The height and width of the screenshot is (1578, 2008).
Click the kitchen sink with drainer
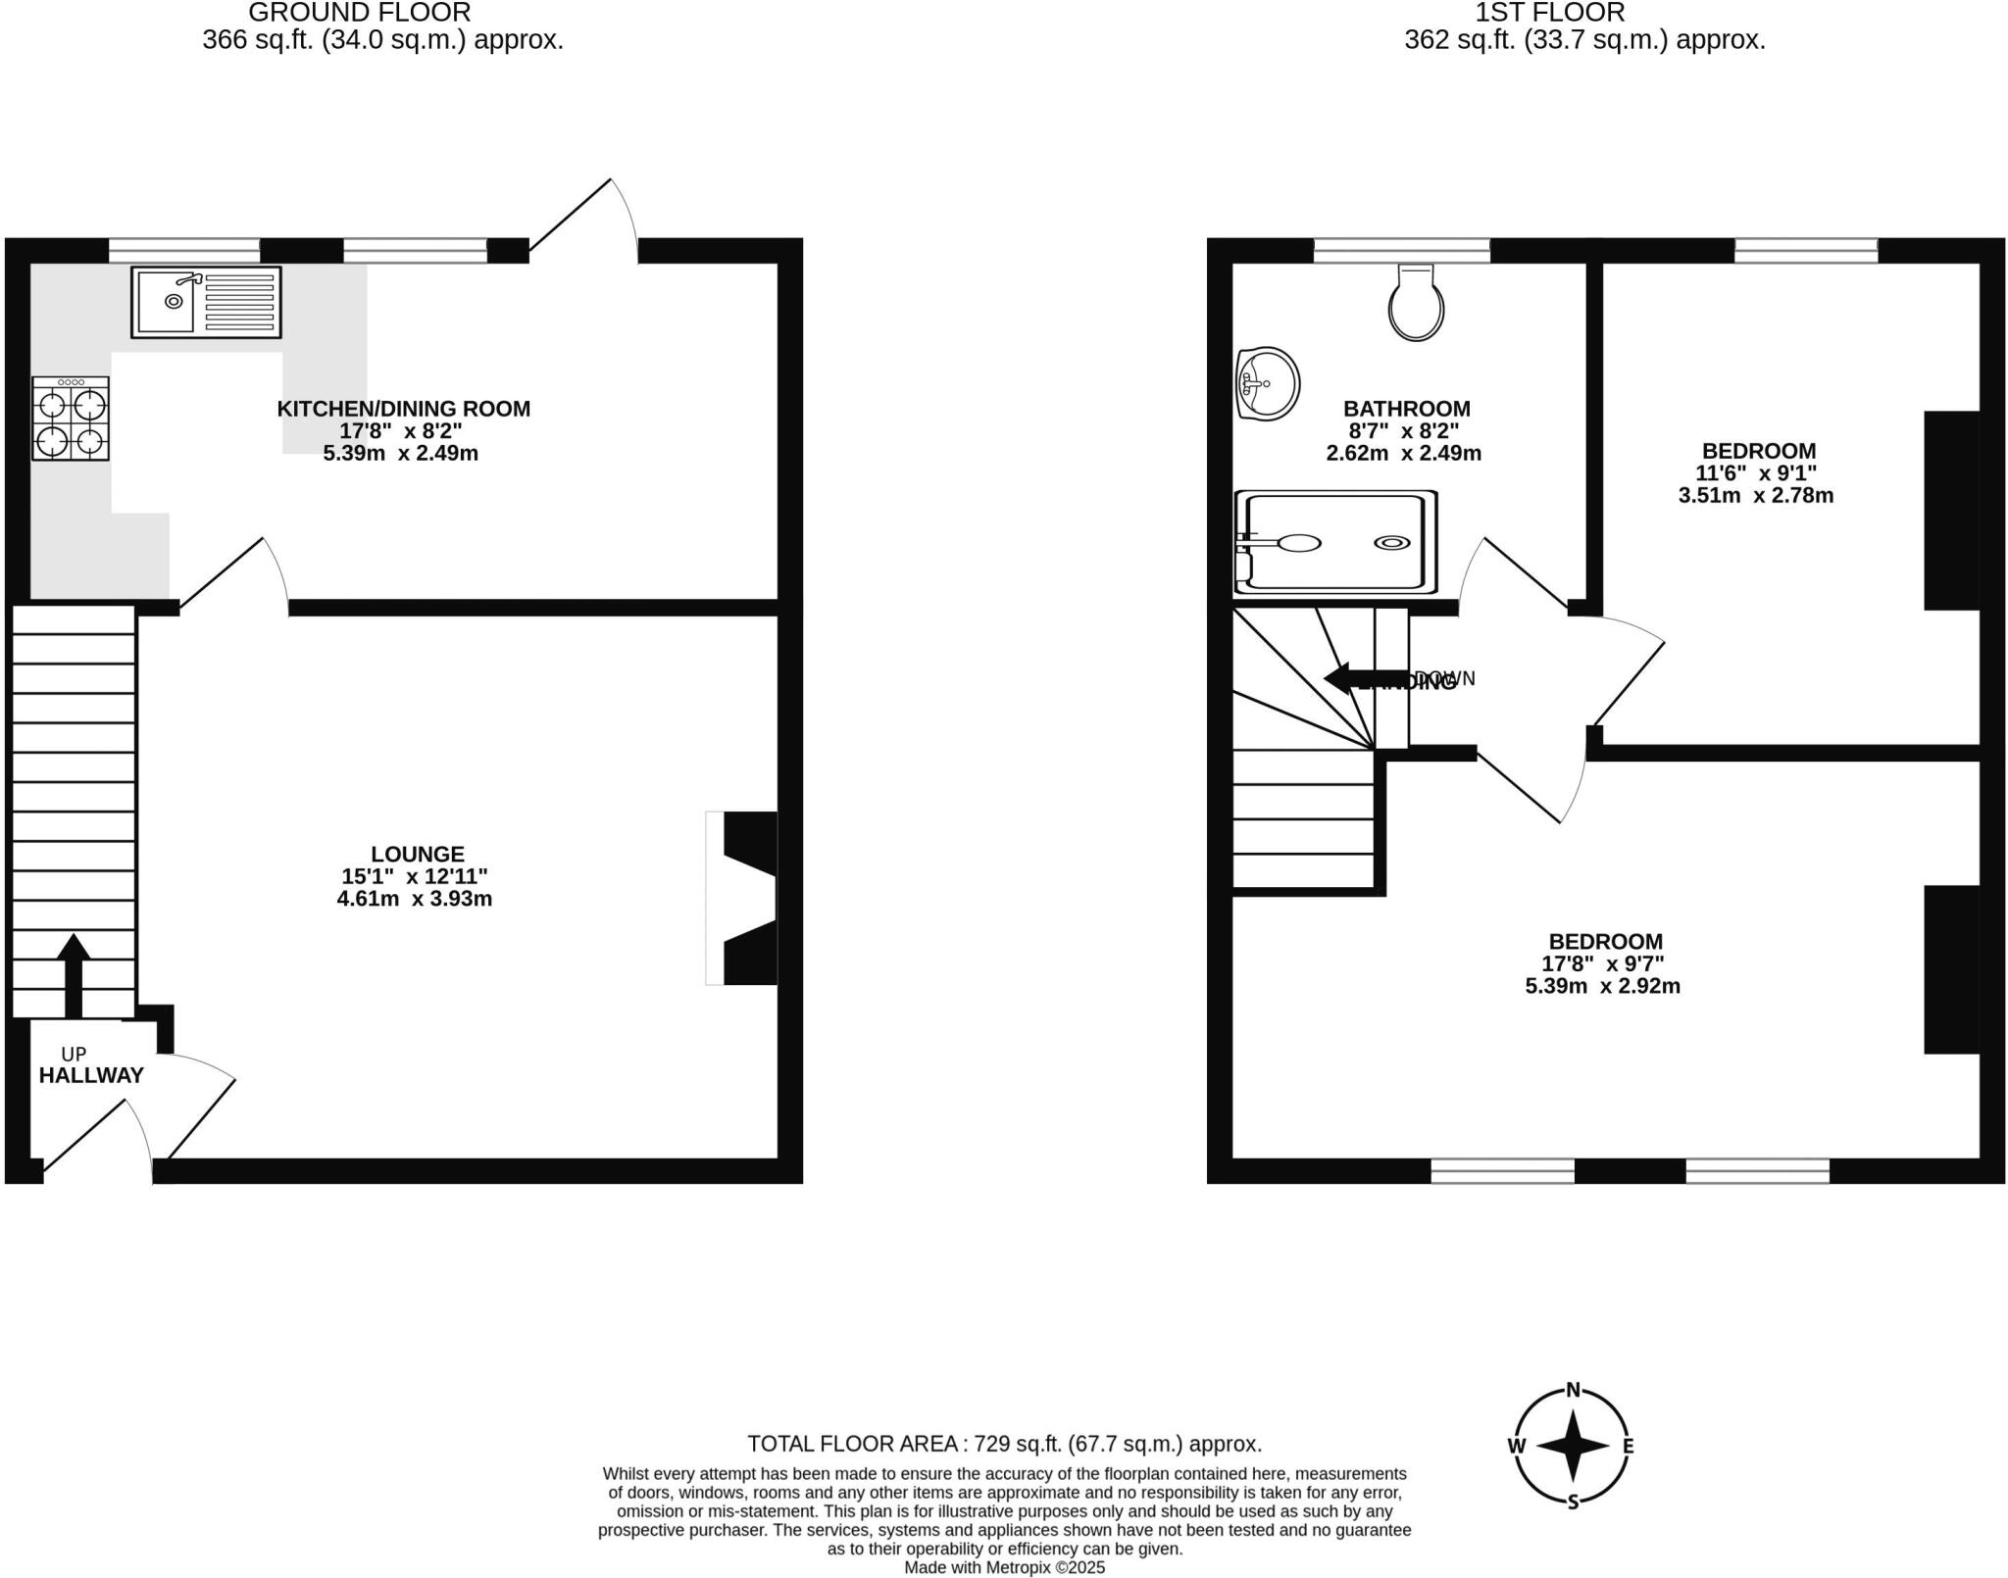206,302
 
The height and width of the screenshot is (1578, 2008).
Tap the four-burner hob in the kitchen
71,419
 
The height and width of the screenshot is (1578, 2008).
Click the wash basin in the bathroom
1267,383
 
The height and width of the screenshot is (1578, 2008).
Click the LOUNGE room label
418,854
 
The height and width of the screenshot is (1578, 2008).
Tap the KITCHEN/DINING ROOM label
403,409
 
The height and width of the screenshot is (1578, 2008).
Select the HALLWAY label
91,1075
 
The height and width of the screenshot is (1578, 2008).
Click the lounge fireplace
743,898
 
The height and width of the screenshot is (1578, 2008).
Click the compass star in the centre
1573,1445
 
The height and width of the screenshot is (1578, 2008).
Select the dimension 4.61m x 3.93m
414,899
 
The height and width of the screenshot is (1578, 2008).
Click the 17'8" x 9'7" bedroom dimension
1602,964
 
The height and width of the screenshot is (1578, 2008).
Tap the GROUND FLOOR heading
360,13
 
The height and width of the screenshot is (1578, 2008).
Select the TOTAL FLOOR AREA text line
1004,1444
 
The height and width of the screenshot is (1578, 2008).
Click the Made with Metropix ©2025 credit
1004,1568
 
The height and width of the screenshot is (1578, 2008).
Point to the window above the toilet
1401,251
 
